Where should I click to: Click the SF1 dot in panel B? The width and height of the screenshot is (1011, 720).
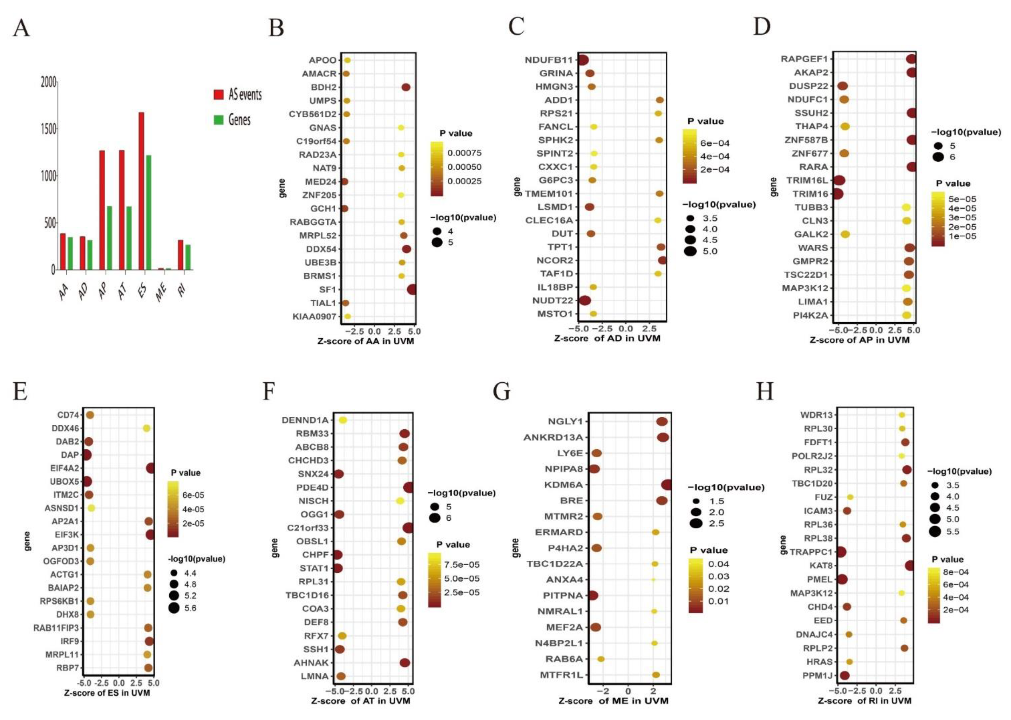(x=411, y=290)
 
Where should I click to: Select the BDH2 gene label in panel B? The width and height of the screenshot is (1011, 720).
(x=323, y=87)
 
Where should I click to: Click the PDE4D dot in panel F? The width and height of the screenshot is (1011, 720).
(x=408, y=488)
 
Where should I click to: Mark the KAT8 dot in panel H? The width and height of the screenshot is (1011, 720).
(x=909, y=565)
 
